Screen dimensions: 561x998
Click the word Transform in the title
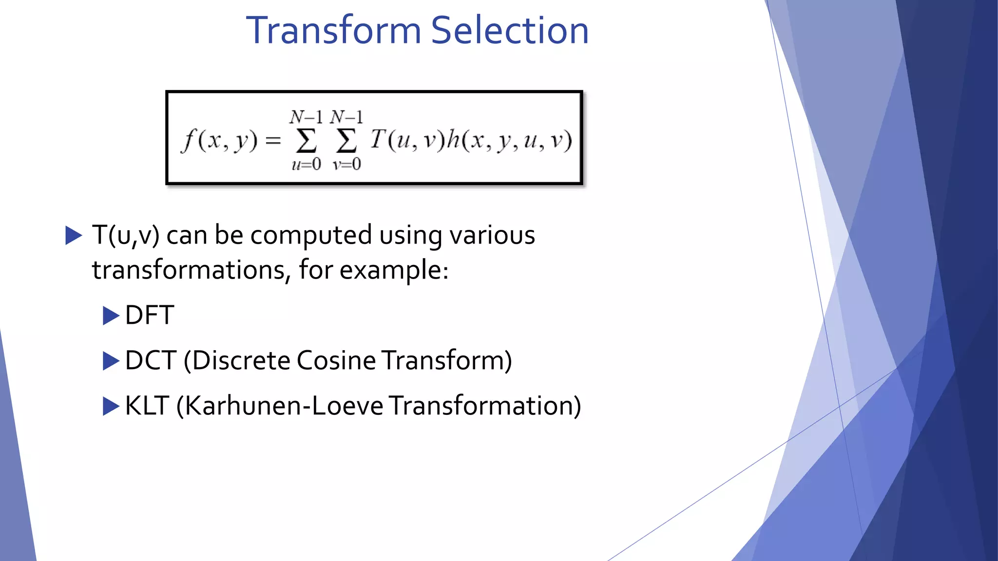click(x=333, y=30)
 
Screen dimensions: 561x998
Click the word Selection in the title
click(x=510, y=30)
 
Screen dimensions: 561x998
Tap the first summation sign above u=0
click(x=306, y=141)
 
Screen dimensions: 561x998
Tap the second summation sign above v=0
click(x=346, y=141)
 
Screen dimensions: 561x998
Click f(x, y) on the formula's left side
click(x=219, y=141)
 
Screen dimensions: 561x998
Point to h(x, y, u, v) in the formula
click(x=510, y=141)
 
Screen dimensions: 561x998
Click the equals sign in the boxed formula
click(x=273, y=141)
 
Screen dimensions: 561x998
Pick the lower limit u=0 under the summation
click(x=306, y=165)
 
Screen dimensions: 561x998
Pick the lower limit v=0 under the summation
click(x=346, y=165)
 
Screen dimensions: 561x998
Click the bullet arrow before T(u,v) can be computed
click(x=74, y=236)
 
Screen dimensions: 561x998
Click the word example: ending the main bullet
click(x=394, y=270)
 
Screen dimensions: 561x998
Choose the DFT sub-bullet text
click(x=150, y=315)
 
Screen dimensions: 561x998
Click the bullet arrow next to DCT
click(x=111, y=361)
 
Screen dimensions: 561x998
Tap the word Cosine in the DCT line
click(x=336, y=361)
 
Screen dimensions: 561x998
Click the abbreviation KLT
click(x=147, y=406)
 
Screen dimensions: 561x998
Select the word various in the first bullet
click(x=492, y=236)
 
